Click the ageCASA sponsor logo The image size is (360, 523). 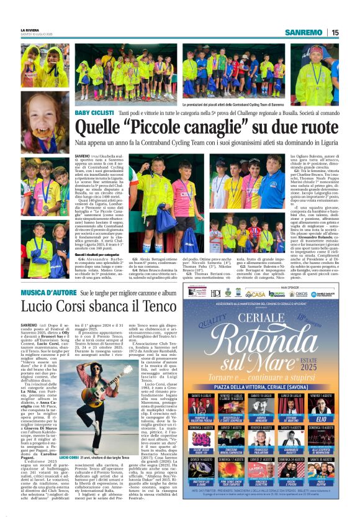click(255, 294)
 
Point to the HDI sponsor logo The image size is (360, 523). click(215, 293)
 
